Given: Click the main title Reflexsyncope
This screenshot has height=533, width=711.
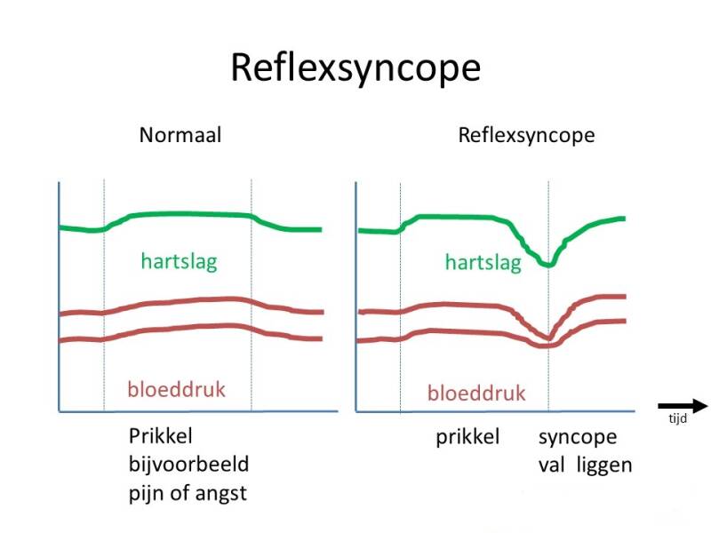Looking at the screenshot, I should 355,68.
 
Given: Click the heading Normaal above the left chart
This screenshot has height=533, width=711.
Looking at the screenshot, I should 180,136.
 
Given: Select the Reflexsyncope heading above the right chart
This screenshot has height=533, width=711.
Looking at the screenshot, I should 526,136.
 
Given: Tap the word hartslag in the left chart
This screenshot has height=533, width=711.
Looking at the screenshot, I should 179,262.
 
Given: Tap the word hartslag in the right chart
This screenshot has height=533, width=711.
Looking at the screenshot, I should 483,262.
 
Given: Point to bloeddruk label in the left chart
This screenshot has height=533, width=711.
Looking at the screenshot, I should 176,389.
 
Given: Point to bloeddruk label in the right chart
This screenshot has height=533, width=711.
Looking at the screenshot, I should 476,393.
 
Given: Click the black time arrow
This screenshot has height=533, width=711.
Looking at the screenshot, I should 681,402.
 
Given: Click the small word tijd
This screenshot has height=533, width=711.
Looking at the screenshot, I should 678,419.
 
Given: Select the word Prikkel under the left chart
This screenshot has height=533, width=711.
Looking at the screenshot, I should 161,437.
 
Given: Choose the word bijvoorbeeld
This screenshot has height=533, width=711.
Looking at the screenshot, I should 188,465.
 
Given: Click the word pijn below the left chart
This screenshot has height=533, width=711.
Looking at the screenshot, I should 148,494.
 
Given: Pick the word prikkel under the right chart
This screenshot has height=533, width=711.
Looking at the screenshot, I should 467,438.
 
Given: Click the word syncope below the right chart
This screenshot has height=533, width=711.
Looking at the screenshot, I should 577,439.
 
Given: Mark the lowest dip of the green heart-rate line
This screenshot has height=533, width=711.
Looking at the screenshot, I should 548,265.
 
